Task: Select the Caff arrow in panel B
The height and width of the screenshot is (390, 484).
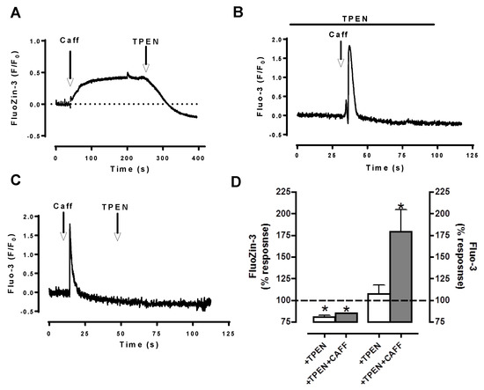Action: [x=341, y=57]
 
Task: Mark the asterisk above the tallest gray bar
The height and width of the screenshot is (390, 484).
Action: [x=401, y=209]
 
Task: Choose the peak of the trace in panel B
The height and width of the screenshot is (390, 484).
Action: [x=349, y=47]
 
